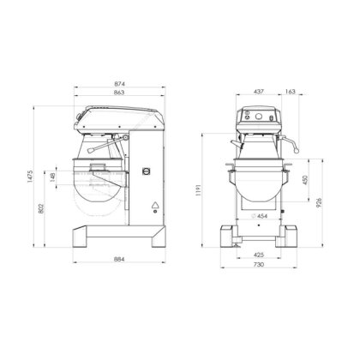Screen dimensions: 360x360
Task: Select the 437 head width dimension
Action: pos(258,90)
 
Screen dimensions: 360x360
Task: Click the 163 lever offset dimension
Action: pos(291,90)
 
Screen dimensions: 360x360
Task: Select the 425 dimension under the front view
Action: pos(258,255)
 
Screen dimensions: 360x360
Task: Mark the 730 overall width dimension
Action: pos(258,266)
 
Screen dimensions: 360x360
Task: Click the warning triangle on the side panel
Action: pos(155,205)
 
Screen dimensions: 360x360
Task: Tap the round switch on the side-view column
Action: pos(145,170)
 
